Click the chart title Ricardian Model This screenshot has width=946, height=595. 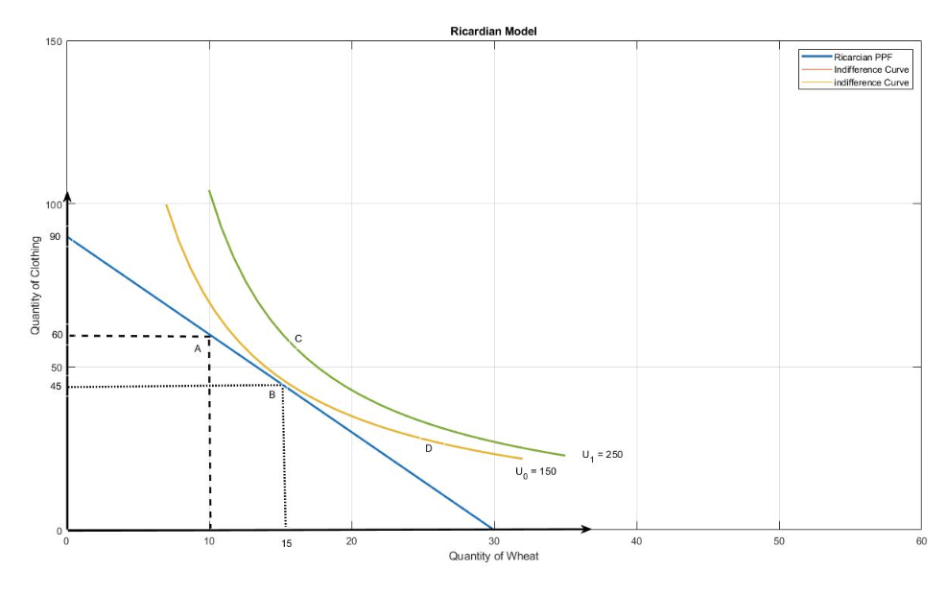click(493, 31)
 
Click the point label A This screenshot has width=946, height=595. click(198, 349)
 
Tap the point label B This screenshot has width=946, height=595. click(272, 394)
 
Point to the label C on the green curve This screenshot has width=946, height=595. click(298, 339)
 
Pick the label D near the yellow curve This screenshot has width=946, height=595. click(429, 448)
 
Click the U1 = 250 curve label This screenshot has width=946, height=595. click(602, 454)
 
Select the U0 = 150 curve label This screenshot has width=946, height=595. click(535, 471)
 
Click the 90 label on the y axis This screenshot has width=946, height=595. click(55, 236)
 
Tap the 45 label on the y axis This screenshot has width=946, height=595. click(55, 387)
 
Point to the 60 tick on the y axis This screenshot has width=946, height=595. click(55, 335)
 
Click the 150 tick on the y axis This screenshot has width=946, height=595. click(53, 41)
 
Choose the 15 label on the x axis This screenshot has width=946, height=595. click(286, 544)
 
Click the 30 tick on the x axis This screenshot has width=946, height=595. click(494, 542)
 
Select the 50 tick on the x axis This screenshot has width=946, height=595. click(779, 542)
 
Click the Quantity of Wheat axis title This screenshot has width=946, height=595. click(493, 557)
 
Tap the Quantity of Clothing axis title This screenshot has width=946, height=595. click(35, 285)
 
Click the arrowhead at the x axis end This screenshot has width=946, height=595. click(585, 530)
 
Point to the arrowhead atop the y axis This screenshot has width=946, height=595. click(67, 197)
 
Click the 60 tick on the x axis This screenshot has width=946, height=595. click(921, 542)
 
